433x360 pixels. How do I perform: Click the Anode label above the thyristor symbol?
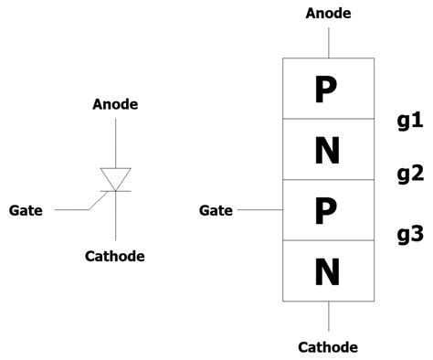coord(115,104)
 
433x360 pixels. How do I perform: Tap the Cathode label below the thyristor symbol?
coord(115,256)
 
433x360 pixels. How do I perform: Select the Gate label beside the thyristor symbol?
coord(26,210)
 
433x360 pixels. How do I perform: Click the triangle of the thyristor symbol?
coord(115,178)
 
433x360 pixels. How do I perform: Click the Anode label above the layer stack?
coord(328,14)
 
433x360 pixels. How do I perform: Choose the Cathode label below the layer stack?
coord(328,347)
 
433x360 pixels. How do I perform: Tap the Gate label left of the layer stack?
coord(216,211)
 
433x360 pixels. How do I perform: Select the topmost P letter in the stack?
coord(327,90)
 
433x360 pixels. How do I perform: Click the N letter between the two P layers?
coord(327,150)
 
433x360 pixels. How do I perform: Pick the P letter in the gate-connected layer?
coord(327,210)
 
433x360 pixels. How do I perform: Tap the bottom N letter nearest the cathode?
coord(327,270)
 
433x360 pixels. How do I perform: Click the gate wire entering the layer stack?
coord(259,210)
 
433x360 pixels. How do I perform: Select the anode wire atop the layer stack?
coord(328,41)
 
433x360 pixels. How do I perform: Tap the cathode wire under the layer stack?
coord(328,316)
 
